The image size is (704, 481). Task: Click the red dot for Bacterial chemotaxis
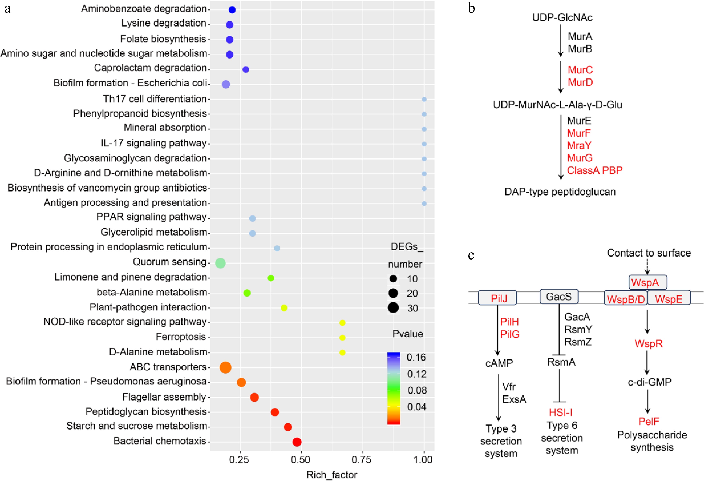[297, 442]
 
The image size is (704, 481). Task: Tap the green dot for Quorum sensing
[220, 263]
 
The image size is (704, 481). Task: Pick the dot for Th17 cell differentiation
[424, 99]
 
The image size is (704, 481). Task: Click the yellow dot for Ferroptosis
[342, 337]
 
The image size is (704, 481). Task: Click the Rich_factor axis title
[332, 475]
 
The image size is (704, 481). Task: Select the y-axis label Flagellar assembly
[164, 397]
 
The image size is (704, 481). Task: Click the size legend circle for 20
[393, 293]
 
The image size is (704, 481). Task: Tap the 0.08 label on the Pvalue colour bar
[417, 390]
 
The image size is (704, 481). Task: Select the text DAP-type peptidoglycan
[560, 192]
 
